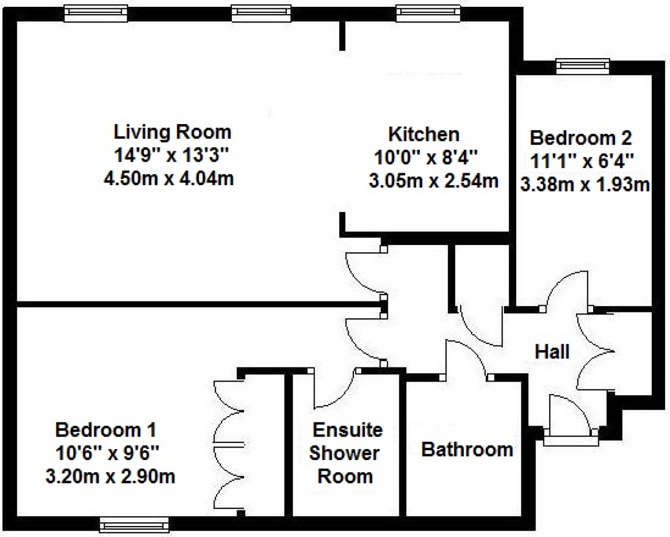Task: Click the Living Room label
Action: pos(173,132)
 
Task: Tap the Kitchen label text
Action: pos(424,135)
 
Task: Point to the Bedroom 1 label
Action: pos(106,430)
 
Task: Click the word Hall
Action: pos(552,352)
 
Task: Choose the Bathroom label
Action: pos(467,450)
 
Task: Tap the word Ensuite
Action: pos(348,430)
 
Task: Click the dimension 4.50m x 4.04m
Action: pos(169,179)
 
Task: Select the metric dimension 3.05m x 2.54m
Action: pos(434,181)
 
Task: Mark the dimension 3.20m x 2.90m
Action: pos(110,477)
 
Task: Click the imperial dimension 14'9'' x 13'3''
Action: pos(172,155)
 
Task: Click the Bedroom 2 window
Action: pos(583,66)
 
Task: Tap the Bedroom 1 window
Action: pos(134,525)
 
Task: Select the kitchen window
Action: pos(428,14)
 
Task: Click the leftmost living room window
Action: pos(96,14)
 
